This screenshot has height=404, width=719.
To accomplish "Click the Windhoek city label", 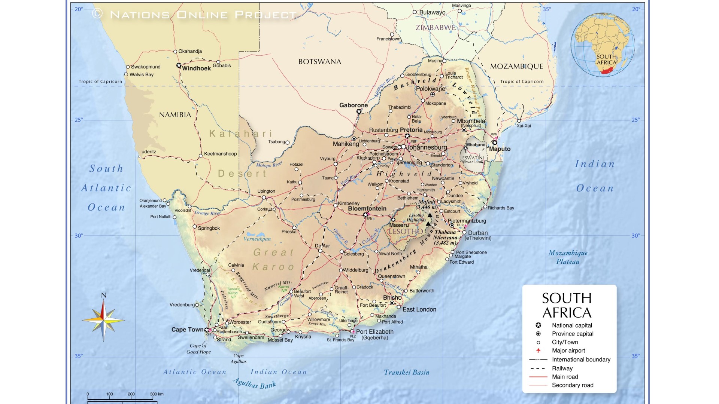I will click(196, 68).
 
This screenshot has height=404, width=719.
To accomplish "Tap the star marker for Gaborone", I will click(359, 111).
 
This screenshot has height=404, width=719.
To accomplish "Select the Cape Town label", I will click(188, 330).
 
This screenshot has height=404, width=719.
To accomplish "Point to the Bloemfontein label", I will click(367, 209).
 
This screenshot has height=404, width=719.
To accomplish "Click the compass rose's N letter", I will click(104, 296).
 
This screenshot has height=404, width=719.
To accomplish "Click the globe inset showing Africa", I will click(602, 45).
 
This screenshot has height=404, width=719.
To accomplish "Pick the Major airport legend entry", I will click(568, 351).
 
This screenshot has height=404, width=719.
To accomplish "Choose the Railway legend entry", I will click(562, 368).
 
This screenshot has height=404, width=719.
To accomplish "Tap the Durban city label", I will click(477, 233).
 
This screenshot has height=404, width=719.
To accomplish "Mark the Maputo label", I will click(500, 149).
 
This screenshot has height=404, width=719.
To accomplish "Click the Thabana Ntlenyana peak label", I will click(446, 238).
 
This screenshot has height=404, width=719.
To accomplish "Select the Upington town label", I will click(266, 191).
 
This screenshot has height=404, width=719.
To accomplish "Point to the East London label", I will click(419, 309).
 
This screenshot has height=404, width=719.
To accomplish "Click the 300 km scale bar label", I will click(157, 394).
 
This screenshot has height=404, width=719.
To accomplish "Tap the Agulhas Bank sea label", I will click(254, 383).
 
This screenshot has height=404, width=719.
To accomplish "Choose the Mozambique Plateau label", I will click(568, 257).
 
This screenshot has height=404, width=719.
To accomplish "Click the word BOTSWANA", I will click(319, 62).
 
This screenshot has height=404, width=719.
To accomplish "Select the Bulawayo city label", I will click(432, 12).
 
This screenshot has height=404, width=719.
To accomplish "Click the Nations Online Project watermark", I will click(195, 15).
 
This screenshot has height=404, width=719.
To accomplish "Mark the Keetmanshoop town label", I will click(220, 154).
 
